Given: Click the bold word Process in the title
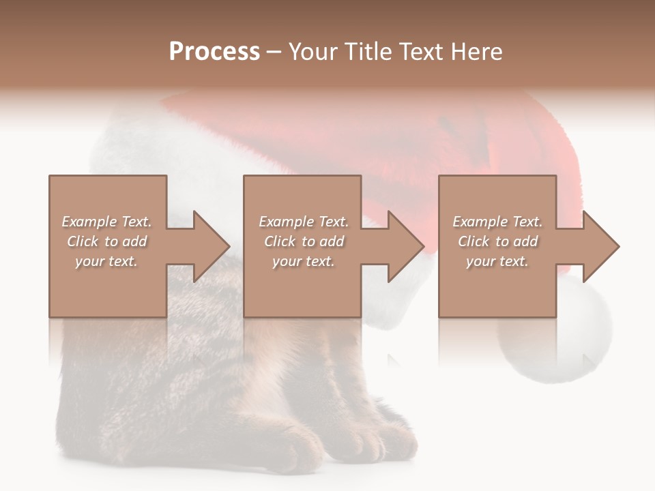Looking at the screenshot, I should (x=214, y=52).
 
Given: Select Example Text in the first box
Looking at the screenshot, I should (x=106, y=222).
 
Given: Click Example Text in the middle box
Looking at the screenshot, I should (x=304, y=222).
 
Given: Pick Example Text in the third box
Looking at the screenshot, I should (x=497, y=222).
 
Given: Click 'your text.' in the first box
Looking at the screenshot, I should (x=106, y=261).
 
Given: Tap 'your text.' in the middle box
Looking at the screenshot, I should (x=304, y=261).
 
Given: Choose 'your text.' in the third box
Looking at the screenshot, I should (x=497, y=261).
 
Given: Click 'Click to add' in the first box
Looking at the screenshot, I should (x=106, y=241).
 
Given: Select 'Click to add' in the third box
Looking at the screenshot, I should (x=497, y=241).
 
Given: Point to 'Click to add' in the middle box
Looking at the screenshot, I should (x=304, y=241).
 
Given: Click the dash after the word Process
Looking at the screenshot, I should (x=274, y=53).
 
